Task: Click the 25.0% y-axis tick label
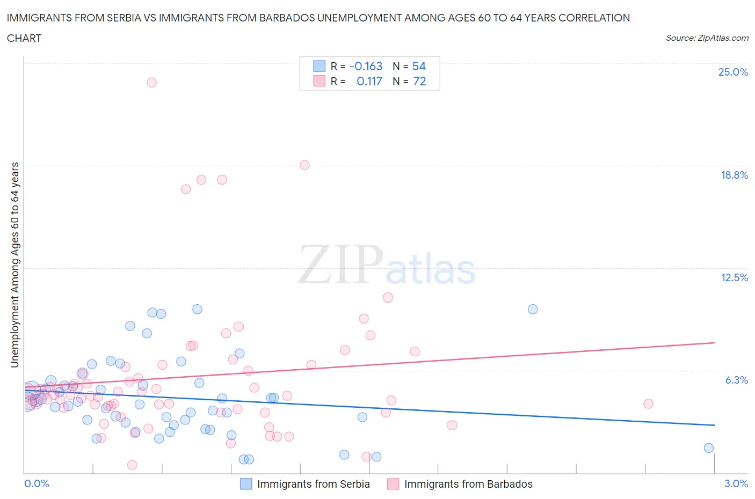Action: click(733, 72)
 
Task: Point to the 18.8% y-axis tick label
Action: click(734, 175)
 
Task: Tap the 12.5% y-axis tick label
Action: click(734, 277)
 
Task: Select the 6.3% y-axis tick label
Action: click(736, 380)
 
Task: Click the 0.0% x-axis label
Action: click(37, 483)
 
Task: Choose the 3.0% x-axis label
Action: click(736, 483)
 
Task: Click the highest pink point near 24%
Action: click(151, 82)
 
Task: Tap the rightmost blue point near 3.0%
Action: click(708, 448)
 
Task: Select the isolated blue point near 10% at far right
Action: click(533, 309)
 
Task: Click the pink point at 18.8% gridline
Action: click(304, 165)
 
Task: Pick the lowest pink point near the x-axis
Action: click(132, 465)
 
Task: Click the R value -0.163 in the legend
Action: click(366, 66)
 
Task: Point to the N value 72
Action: click(419, 81)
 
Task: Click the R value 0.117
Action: click(369, 81)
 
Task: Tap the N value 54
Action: click(419, 66)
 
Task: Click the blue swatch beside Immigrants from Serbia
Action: click(246, 484)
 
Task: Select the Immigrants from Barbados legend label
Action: click(468, 484)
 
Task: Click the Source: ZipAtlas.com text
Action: click(707, 38)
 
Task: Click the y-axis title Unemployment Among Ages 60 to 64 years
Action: click(14, 265)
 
